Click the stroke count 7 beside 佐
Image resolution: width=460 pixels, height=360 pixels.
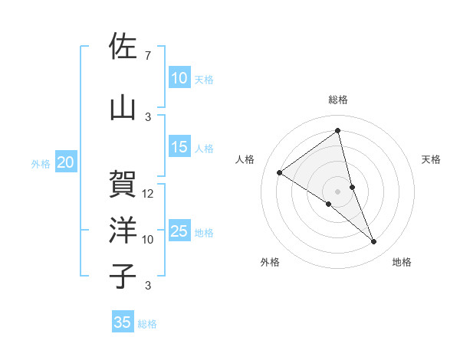tap(147, 56)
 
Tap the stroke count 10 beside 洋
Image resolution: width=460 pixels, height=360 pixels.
tap(148, 240)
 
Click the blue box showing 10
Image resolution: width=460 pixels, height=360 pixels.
tap(179, 78)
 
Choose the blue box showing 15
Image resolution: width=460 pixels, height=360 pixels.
tap(179, 148)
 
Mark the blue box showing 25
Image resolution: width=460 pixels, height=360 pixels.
tap(179, 231)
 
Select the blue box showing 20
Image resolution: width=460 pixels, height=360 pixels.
tap(66, 162)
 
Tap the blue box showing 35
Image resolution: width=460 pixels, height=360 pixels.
tap(123, 322)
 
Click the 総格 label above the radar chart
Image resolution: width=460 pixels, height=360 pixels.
tap(338, 100)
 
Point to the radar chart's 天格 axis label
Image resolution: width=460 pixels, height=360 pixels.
tap(432, 159)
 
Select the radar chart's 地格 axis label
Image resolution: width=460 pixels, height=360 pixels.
tap(402, 262)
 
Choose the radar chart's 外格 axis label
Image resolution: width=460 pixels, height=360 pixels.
tap(270, 262)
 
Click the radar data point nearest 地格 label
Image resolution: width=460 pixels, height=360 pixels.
tap(374, 242)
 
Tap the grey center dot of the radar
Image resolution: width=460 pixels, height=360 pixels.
tap(337, 191)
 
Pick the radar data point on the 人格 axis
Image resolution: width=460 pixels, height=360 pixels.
tap(279, 172)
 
